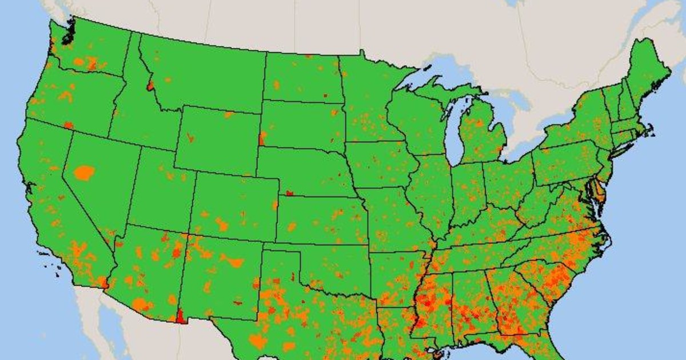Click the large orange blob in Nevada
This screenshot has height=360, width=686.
84,172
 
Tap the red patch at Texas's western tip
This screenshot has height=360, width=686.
181,316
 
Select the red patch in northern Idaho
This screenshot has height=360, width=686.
150,86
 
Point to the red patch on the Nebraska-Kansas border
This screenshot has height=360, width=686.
290,193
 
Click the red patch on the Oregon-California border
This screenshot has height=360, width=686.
69,125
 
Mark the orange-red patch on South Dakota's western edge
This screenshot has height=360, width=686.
262,138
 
